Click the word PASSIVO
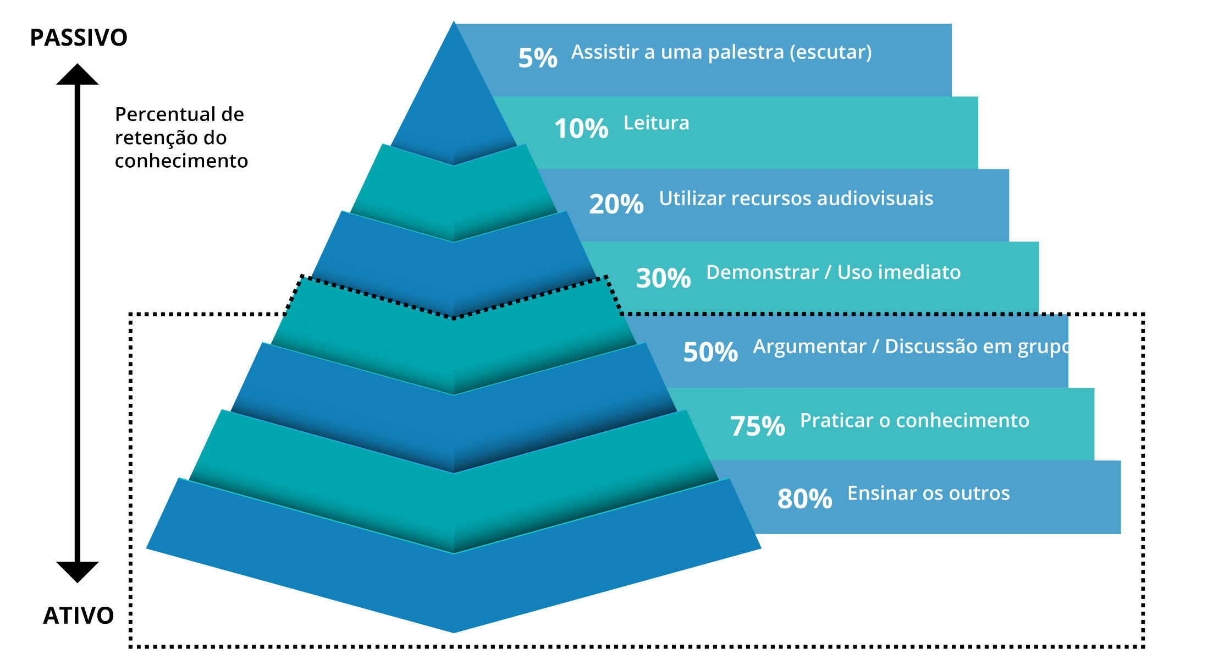pyautogui.click(x=79, y=38)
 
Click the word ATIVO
pyautogui.click(x=79, y=616)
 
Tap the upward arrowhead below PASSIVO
pyautogui.click(x=78, y=74)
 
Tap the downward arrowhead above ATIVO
pyautogui.click(x=78, y=572)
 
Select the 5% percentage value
pyautogui.click(x=538, y=58)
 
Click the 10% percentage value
pyautogui.click(x=581, y=129)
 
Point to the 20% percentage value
pyautogui.click(x=616, y=204)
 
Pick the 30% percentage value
pyautogui.click(x=664, y=278)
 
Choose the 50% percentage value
pyautogui.click(x=710, y=352)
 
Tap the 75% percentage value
pyautogui.click(x=758, y=426)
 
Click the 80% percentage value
pyautogui.click(x=805, y=499)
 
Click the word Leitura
pyautogui.click(x=657, y=123)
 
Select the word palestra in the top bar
pyautogui.click(x=746, y=52)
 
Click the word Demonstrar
pyautogui.click(x=763, y=272)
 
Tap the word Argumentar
pyautogui.click(x=809, y=347)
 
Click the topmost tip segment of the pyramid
pyautogui.click(x=454, y=105)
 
